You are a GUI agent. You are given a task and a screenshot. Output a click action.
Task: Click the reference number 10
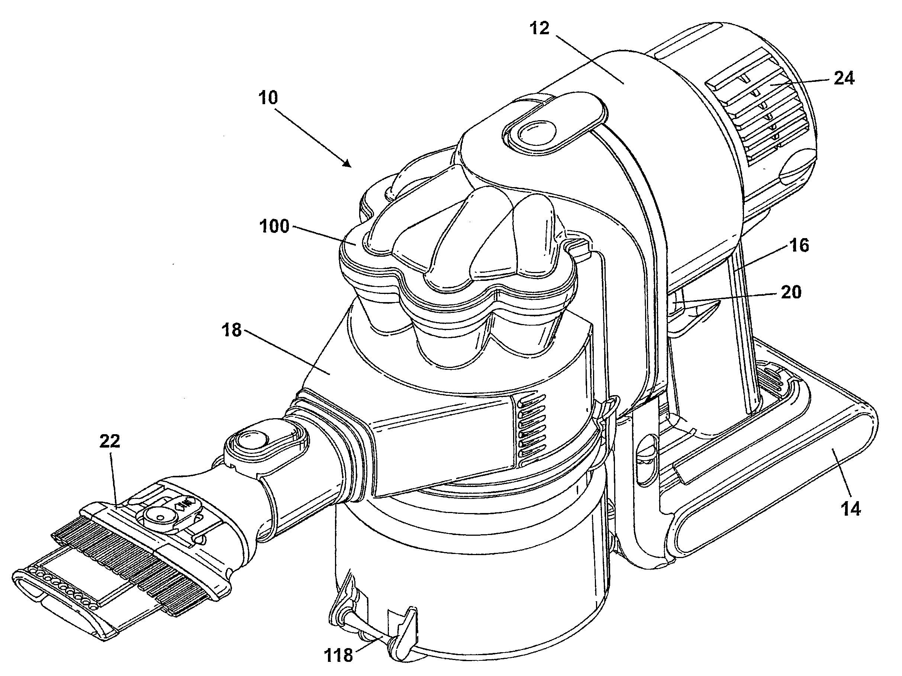(268, 98)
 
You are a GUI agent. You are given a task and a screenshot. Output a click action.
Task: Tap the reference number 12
(539, 28)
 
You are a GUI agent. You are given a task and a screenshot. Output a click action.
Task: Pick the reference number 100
(274, 226)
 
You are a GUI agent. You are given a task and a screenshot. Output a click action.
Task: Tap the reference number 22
(110, 441)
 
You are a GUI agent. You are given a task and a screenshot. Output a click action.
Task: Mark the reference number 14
(851, 509)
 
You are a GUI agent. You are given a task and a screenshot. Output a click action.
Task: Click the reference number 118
(338, 655)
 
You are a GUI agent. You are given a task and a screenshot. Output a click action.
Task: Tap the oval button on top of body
(531, 132)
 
